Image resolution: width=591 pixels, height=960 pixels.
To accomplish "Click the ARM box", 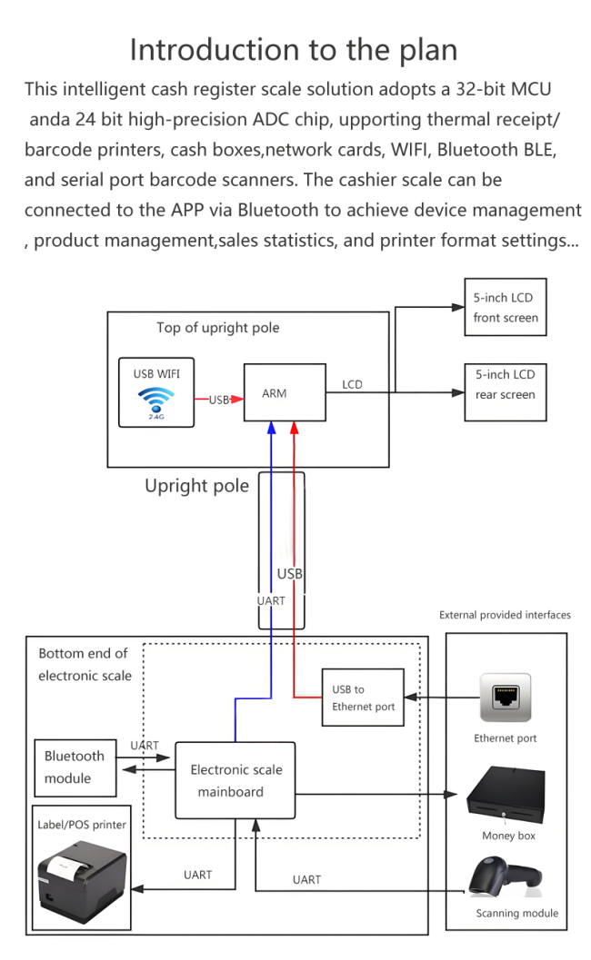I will click(284, 392).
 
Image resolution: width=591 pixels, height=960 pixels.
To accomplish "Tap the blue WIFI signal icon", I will click(156, 401).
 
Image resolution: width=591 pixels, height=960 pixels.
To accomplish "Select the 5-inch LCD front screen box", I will click(506, 308).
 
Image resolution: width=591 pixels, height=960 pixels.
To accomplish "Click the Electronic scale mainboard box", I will click(235, 780).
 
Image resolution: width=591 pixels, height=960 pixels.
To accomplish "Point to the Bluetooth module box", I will click(75, 767).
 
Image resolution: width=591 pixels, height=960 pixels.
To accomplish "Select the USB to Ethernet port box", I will click(363, 698).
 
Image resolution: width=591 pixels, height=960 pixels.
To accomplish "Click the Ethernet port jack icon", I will click(506, 698).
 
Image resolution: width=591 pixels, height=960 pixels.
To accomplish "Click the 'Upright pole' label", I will click(196, 486).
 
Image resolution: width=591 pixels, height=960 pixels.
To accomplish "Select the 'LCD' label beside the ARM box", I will click(352, 385).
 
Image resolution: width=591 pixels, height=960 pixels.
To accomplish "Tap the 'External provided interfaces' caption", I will click(505, 615).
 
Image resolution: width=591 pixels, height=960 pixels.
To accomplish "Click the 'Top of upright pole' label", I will click(217, 328).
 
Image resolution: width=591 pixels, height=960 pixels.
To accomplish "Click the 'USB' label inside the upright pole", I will click(289, 574).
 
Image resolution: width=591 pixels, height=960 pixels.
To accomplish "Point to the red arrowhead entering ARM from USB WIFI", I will click(238, 399).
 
